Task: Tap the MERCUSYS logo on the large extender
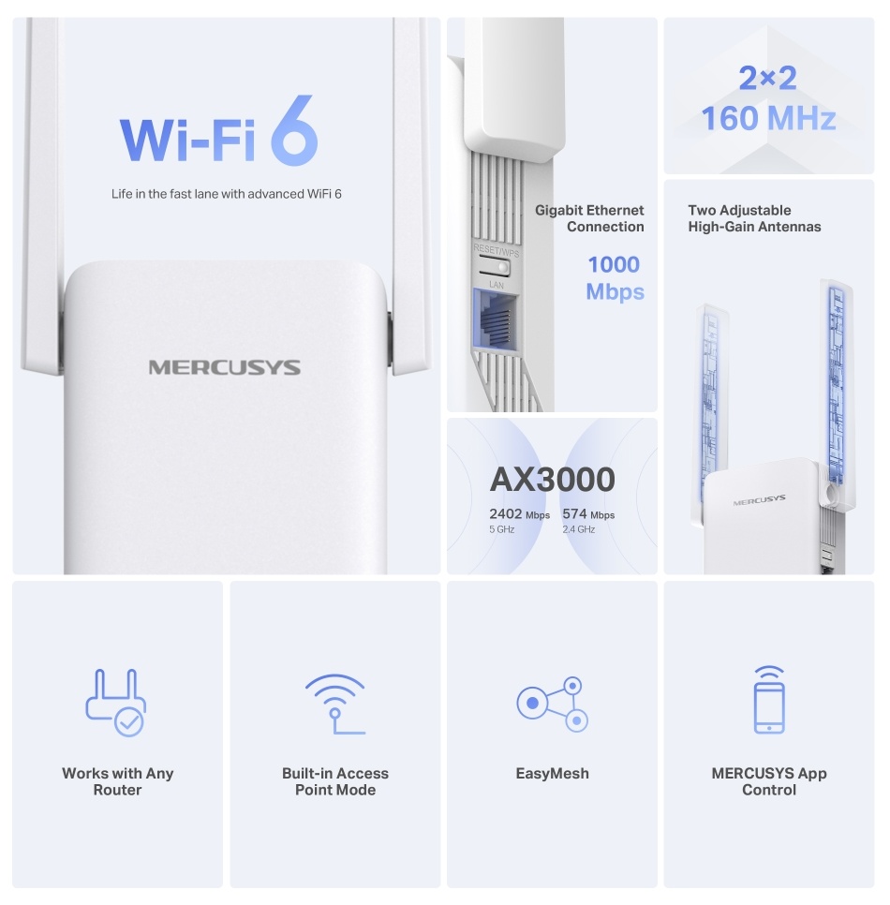pyautogui.click(x=225, y=367)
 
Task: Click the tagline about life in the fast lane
pyautogui.click(x=232, y=194)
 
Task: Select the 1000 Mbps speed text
pyautogui.click(x=615, y=278)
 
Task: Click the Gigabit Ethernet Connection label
pyautogui.click(x=590, y=218)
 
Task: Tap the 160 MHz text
pyautogui.click(x=768, y=119)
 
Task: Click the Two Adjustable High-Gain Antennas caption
pyautogui.click(x=754, y=218)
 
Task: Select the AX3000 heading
pyautogui.click(x=552, y=480)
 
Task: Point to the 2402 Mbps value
pyautogui.click(x=519, y=514)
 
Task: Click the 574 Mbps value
pyautogui.click(x=588, y=514)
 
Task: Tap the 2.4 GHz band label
pyautogui.click(x=578, y=529)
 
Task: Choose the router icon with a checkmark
pyautogui.click(x=115, y=702)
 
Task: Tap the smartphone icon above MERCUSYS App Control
pyautogui.click(x=769, y=700)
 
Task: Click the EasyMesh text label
pyautogui.click(x=552, y=774)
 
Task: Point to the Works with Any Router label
pyautogui.click(x=117, y=781)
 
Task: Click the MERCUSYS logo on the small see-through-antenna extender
pyautogui.click(x=759, y=500)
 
